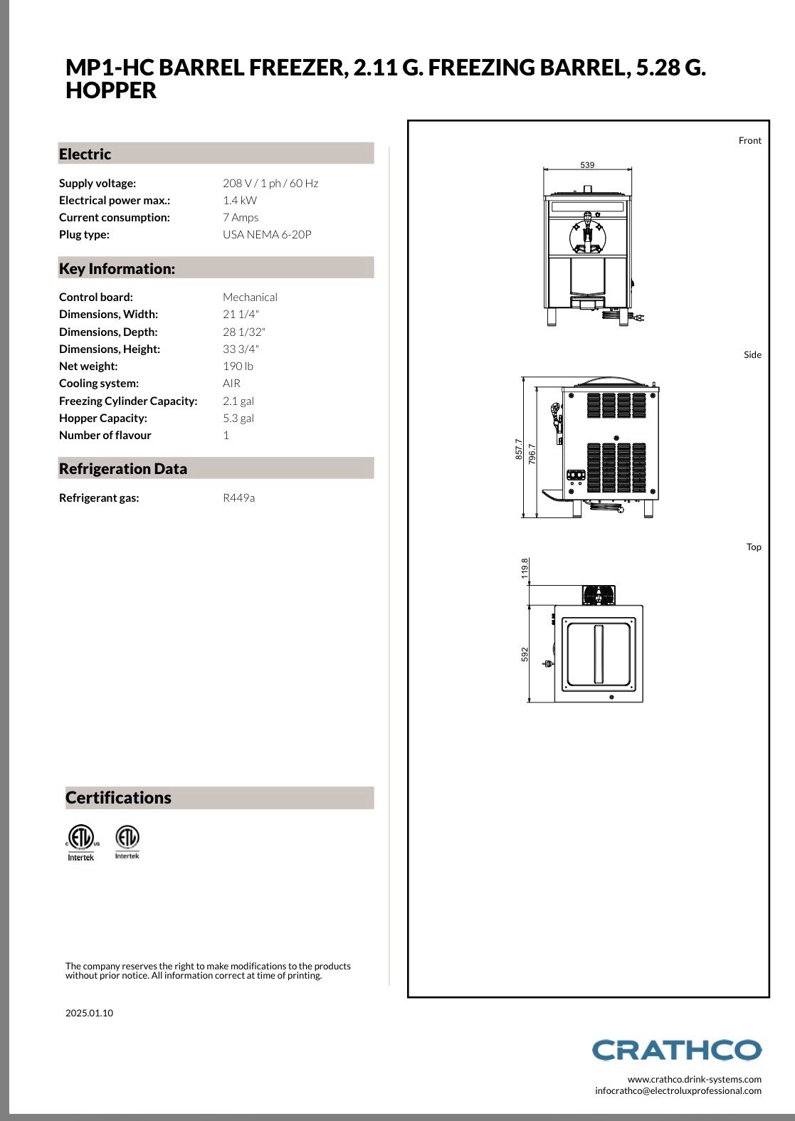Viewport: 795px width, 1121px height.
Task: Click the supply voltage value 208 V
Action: click(x=238, y=184)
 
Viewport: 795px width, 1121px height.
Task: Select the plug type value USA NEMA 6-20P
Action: click(x=267, y=235)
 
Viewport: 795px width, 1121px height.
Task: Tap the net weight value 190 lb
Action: click(x=238, y=367)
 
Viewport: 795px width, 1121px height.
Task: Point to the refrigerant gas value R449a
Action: click(x=238, y=498)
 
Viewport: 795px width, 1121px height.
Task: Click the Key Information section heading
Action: click(x=117, y=269)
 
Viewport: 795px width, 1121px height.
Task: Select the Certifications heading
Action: click(x=118, y=797)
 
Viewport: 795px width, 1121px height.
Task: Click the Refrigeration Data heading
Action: click(x=123, y=469)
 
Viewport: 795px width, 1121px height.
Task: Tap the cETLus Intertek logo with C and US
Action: click(x=81, y=843)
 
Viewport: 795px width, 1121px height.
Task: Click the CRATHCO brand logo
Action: click(x=676, y=1050)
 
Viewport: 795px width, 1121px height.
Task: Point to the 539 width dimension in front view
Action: click(x=587, y=165)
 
